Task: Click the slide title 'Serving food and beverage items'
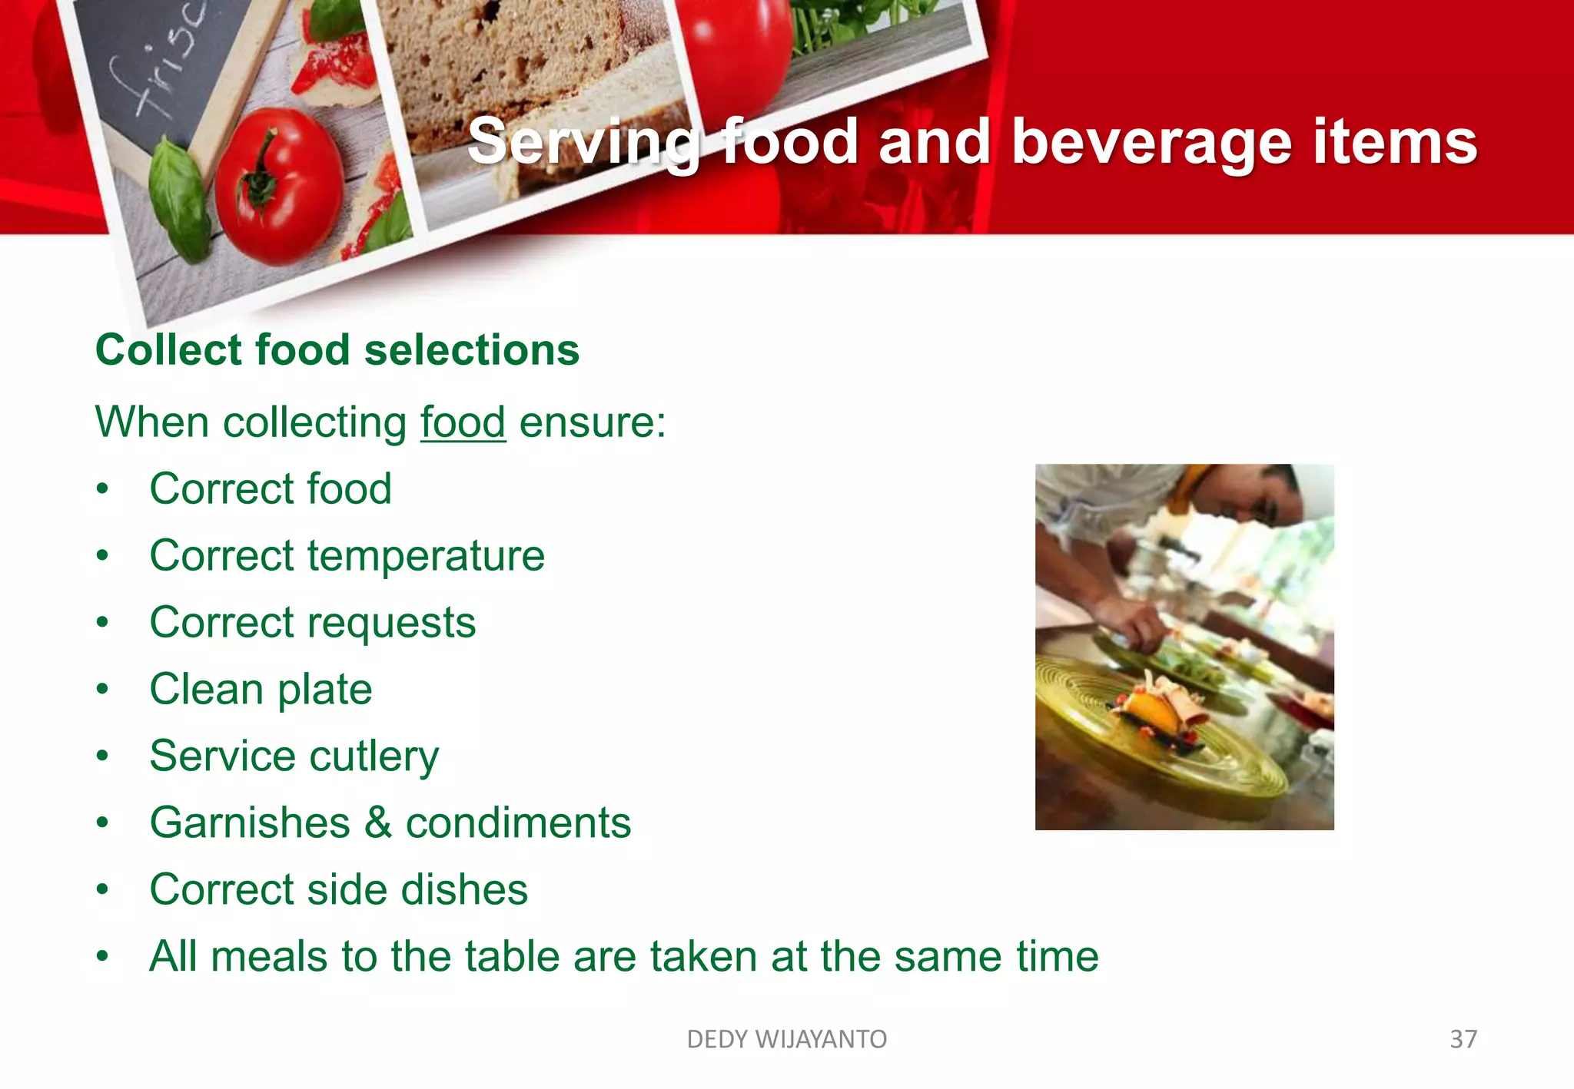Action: [971, 141]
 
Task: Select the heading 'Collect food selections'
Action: [337, 350]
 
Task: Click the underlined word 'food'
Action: [462, 422]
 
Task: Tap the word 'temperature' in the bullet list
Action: [426, 555]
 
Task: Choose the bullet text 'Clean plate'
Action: [261, 689]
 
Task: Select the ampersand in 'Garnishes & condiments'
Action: [377, 823]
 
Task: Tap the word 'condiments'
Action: [518, 823]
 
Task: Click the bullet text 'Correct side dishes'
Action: [338, 889]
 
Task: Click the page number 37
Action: [1463, 1039]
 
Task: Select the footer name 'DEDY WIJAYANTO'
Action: [786, 1039]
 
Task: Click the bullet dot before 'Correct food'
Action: [103, 489]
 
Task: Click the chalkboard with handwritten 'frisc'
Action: [165, 69]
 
